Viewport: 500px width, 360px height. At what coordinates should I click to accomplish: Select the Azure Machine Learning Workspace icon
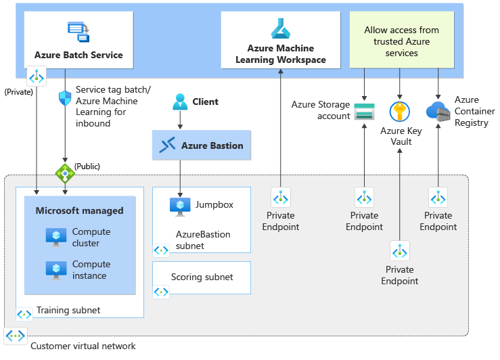[x=280, y=28]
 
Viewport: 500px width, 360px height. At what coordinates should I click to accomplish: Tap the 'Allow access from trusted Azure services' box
[x=401, y=40]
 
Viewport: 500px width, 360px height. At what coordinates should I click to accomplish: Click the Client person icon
[x=180, y=102]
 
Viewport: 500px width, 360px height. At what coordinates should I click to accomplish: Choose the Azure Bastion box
[x=202, y=145]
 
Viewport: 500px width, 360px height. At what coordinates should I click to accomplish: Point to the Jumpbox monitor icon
[x=180, y=206]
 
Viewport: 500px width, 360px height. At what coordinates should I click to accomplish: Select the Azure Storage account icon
[x=365, y=110]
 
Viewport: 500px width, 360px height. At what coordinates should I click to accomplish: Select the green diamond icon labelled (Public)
[x=65, y=173]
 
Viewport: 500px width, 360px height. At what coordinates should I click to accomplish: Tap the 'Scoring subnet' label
[x=202, y=277]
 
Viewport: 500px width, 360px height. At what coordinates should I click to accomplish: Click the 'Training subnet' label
[x=68, y=311]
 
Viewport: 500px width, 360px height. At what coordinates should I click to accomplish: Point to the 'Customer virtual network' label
[x=83, y=346]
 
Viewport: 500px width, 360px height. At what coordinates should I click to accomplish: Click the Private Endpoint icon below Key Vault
[x=400, y=251]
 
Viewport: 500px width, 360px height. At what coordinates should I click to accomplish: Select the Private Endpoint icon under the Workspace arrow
[x=281, y=198]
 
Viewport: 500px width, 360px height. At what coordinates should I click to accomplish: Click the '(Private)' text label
[x=18, y=91]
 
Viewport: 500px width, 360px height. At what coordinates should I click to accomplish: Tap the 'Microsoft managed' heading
[x=79, y=210]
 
